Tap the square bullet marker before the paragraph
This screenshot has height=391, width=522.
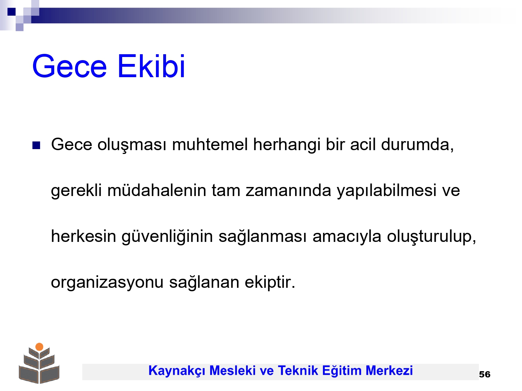coord(36,145)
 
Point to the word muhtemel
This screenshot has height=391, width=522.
coord(210,144)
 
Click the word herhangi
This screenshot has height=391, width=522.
coord(286,145)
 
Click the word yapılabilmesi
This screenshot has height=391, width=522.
coord(387,191)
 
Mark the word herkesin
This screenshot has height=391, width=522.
coord(84,236)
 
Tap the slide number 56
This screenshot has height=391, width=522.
coord(485,374)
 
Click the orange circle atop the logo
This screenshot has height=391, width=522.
coord(39,347)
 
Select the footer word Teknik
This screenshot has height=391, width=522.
coord(298,370)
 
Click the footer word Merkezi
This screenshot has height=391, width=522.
coord(389,370)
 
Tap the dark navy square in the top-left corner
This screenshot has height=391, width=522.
coord(11,11)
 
